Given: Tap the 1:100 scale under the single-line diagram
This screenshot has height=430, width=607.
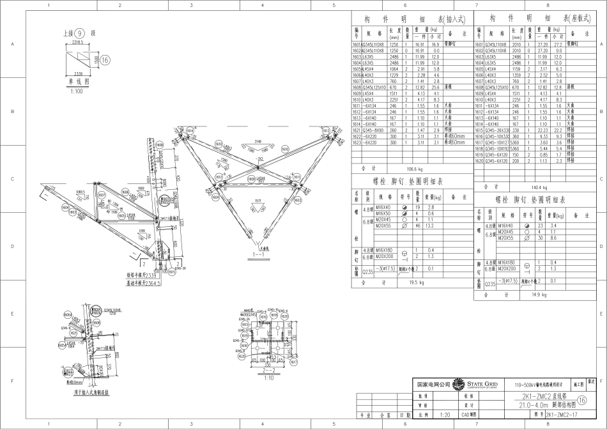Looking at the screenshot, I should pos(77,91).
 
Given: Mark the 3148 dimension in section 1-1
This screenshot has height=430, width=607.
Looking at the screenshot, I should pos(257,141).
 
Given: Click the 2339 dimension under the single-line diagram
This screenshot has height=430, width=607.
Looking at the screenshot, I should pos(75,75).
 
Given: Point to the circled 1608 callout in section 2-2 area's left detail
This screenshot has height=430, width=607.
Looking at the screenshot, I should pos(68,316).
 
